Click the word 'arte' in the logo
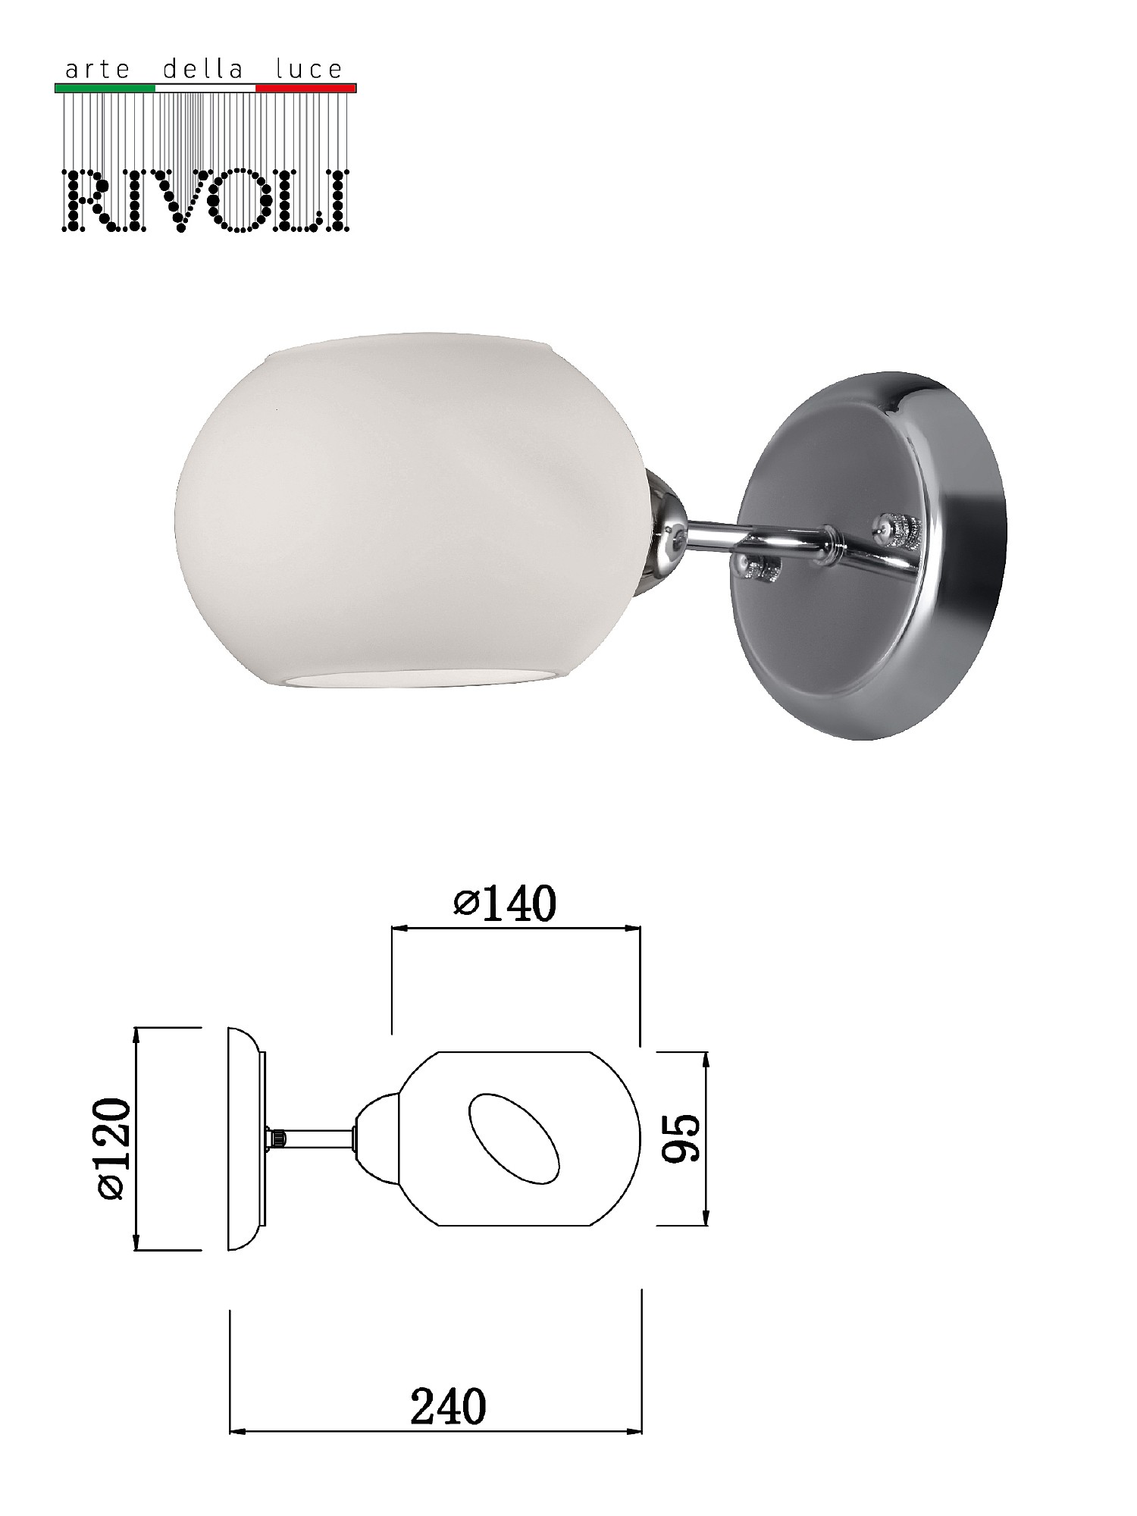tap(98, 70)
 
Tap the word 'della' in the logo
tap(203, 70)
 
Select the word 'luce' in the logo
tap(309, 70)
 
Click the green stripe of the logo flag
tap(105, 88)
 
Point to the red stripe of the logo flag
tap(306, 88)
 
